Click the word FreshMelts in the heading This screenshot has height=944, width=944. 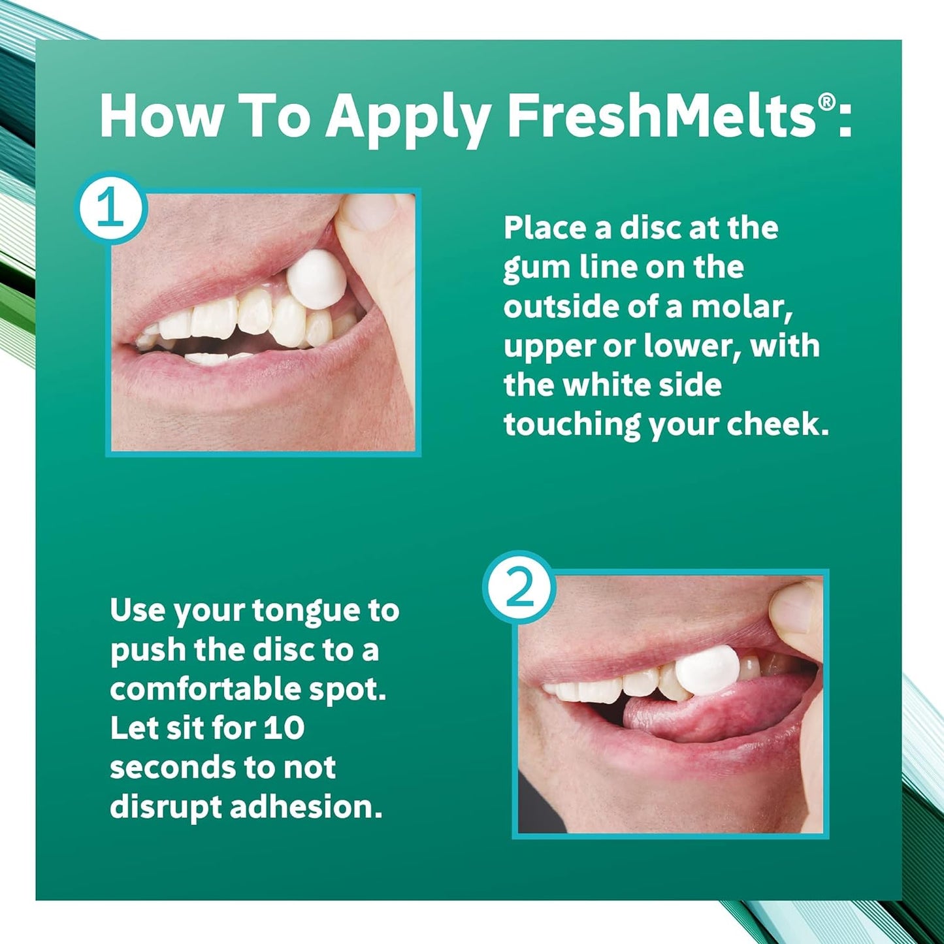[x=661, y=116]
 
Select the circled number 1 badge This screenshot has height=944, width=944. [x=110, y=208]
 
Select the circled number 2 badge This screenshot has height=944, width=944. [x=519, y=587]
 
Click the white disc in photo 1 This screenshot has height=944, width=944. [x=315, y=280]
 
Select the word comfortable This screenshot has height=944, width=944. [x=205, y=690]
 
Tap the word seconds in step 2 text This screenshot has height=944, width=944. [x=157, y=768]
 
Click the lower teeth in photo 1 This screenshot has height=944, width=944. [x=209, y=359]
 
